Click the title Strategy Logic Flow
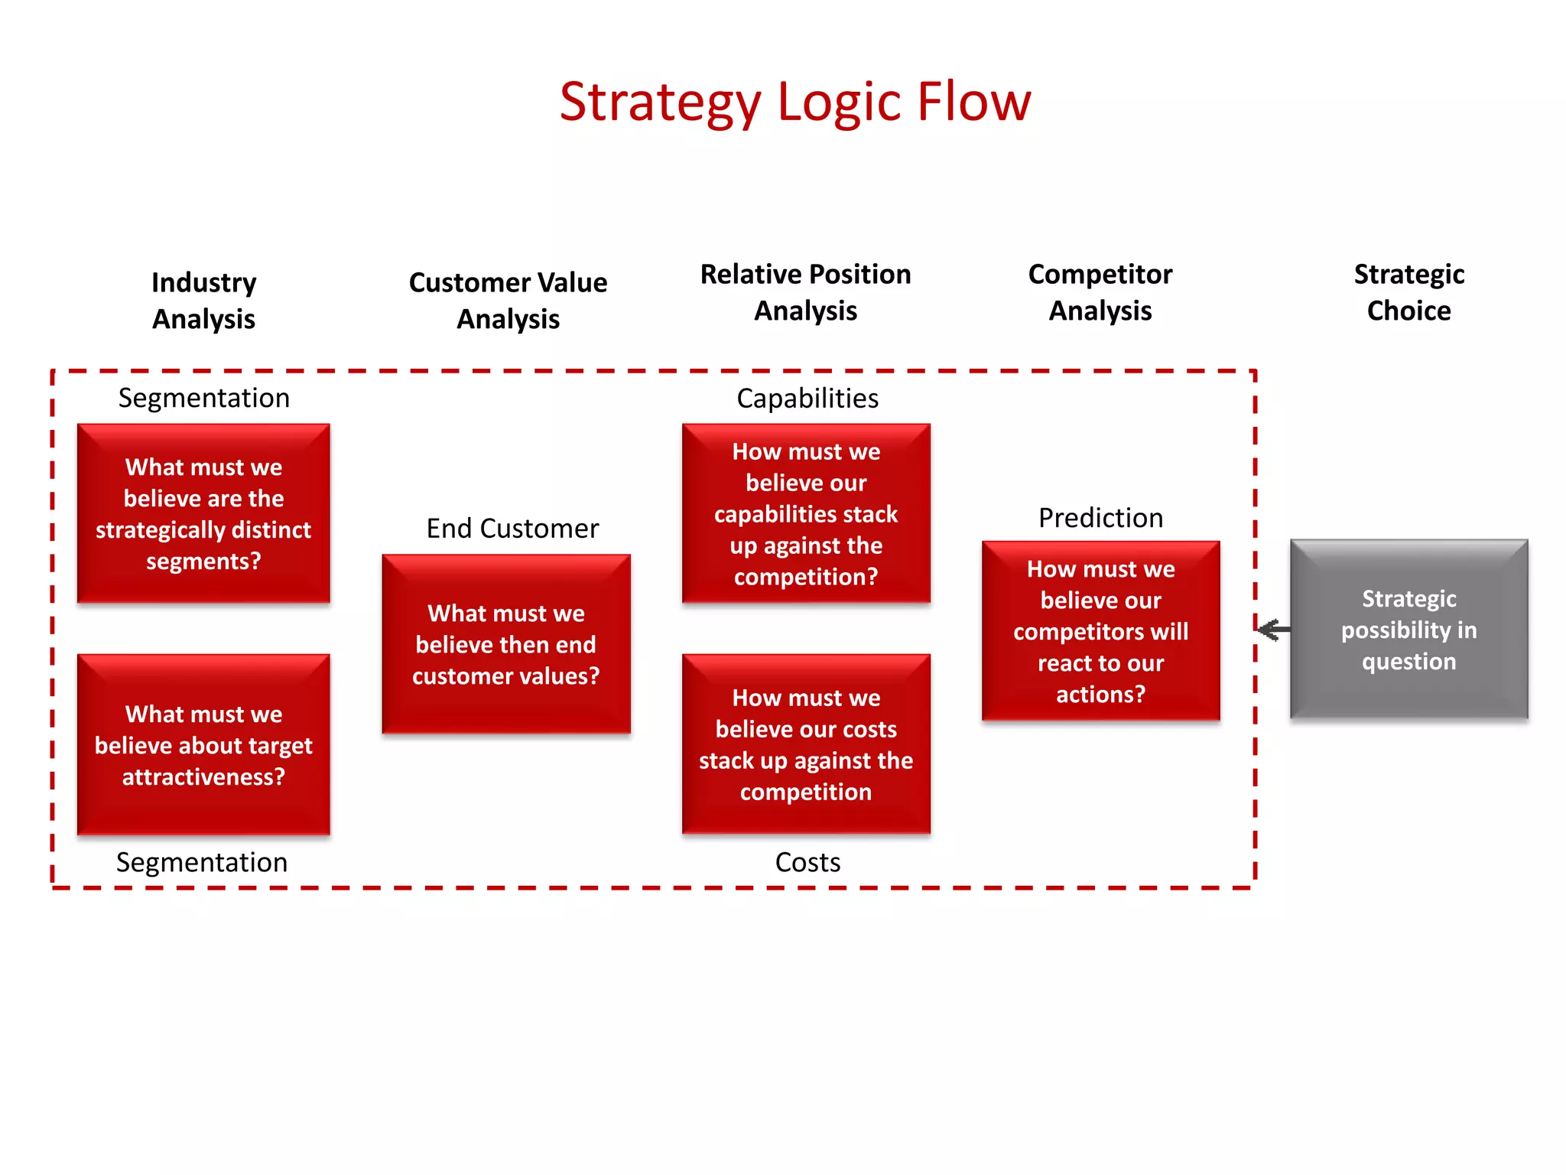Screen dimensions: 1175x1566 [795, 102]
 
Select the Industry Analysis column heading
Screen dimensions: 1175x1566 [203, 301]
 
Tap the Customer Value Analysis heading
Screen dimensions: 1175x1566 [508, 301]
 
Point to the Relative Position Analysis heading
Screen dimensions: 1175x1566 [805, 292]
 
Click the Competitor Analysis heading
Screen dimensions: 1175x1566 [1100, 292]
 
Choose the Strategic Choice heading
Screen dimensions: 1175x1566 [1408, 292]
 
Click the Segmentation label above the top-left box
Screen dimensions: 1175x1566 [203, 398]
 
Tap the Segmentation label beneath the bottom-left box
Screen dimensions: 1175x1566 [202, 862]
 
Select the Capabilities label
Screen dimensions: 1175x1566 [807, 398]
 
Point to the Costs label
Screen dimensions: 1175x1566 [807, 862]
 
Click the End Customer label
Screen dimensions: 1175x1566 [512, 528]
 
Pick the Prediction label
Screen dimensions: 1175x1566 [1100, 518]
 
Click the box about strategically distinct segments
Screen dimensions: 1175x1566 [203, 513]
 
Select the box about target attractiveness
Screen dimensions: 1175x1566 [203, 744]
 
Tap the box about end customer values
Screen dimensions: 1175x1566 [506, 644]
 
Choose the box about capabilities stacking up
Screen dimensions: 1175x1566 [806, 513]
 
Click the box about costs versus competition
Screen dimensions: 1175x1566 [806, 744]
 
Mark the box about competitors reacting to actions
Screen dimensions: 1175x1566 [1100, 631]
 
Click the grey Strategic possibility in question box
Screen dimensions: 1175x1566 [1408, 630]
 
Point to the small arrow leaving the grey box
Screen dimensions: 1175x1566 [1273, 630]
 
